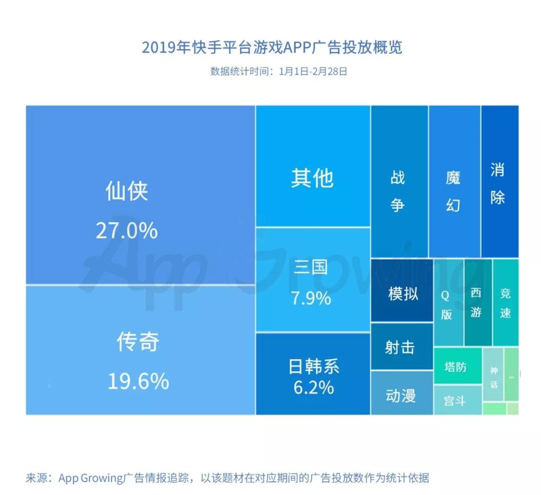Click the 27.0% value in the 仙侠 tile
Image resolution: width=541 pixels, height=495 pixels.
(126, 230)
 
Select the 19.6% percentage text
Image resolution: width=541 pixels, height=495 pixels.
(138, 382)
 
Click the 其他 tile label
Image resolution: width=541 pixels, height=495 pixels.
(312, 178)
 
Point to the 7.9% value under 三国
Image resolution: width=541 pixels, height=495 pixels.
(311, 298)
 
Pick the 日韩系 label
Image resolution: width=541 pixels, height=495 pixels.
(314, 367)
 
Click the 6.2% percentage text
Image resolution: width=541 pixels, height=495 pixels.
(314, 388)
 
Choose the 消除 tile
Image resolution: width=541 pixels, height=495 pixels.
(498, 184)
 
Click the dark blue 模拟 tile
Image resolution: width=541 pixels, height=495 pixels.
(402, 293)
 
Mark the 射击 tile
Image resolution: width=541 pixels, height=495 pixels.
(400, 347)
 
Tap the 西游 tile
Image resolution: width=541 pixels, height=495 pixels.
(476, 303)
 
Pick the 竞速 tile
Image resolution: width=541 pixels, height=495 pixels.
(505, 303)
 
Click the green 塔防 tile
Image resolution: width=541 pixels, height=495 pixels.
(455, 367)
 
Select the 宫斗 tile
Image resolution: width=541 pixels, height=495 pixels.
(455, 401)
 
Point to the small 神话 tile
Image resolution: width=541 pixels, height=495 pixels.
(493, 377)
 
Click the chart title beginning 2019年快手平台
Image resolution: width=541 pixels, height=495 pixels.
(272, 48)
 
